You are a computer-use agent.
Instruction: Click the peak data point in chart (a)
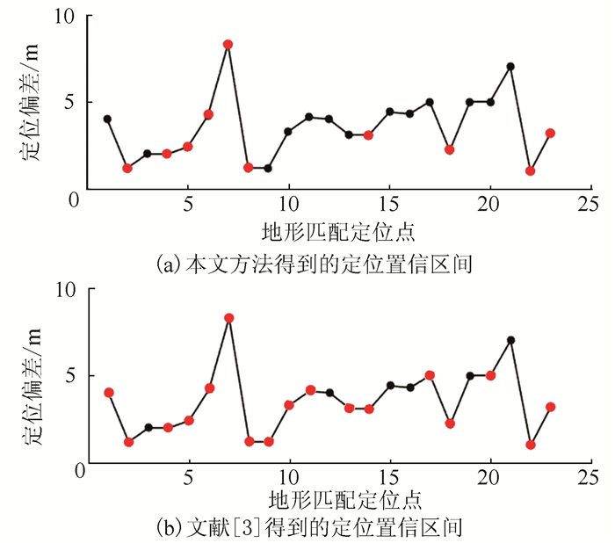tap(228, 44)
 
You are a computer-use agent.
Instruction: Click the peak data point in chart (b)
tap(228, 318)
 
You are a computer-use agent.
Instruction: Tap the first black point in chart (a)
tap(107, 119)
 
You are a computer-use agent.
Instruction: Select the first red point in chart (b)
tap(109, 393)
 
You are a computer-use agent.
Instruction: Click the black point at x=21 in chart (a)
tap(510, 66)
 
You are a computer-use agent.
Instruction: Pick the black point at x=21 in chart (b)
tap(510, 340)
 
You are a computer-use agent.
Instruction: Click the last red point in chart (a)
tap(550, 133)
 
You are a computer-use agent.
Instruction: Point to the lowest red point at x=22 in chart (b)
tap(531, 445)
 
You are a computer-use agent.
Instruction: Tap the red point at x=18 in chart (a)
tap(449, 149)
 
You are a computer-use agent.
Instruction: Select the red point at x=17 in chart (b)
tap(430, 375)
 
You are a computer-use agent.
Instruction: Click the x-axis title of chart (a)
tap(338, 232)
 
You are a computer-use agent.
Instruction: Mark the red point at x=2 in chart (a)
tap(127, 168)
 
